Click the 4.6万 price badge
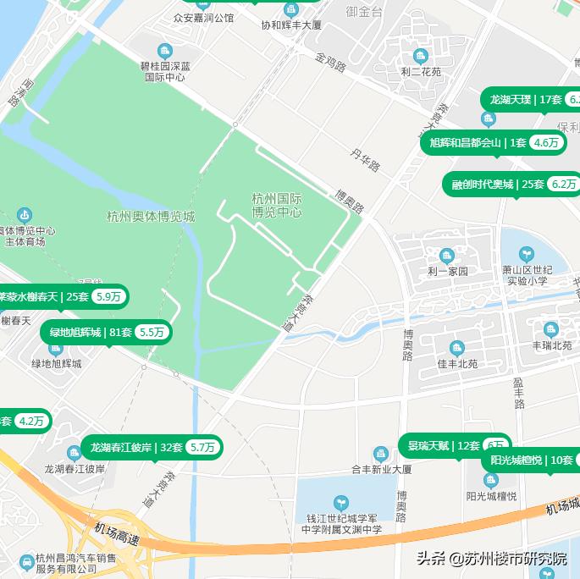pyautogui.click(x=547, y=143)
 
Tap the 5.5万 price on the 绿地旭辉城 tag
pyautogui.click(x=152, y=333)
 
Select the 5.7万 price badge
pyautogui.click(x=202, y=447)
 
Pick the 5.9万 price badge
pyautogui.click(x=109, y=296)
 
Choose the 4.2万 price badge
pyautogui.click(x=31, y=421)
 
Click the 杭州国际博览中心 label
pyautogui.click(x=277, y=205)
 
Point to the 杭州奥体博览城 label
pyautogui.click(x=151, y=217)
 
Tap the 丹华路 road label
pyautogui.click(x=366, y=159)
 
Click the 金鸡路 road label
pyautogui.click(x=330, y=63)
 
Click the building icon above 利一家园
pyautogui.click(x=447, y=256)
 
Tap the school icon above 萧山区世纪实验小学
pyautogui.click(x=526, y=253)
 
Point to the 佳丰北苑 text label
pyautogui.click(x=457, y=364)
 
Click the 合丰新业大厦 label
pyautogui.click(x=381, y=469)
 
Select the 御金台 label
pyautogui.click(x=364, y=12)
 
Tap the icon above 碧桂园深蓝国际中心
pyautogui.click(x=165, y=51)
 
